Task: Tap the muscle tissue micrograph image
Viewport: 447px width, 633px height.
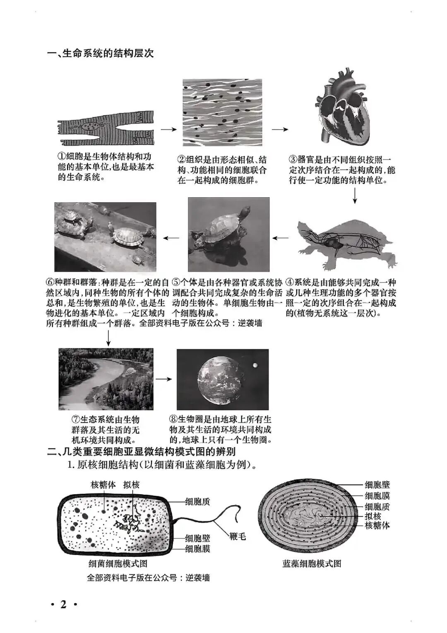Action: pyautogui.click(x=223, y=112)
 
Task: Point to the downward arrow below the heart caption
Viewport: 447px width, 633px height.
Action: pyautogui.click(x=355, y=196)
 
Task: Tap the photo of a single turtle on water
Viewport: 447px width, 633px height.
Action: pyautogui.click(x=228, y=234)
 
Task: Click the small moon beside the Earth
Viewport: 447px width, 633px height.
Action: pyautogui.click(x=255, y=365)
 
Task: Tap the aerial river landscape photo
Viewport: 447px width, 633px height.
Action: pyautogui.click(x=106, y=379)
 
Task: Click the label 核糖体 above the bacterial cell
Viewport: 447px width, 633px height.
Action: pyautogui.click(x=103, y=485)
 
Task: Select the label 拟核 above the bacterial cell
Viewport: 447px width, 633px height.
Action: pyautogui.click(x=132, y=485)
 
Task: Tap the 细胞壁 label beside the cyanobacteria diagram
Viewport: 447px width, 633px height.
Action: pyautogui.click(x=377, y=485)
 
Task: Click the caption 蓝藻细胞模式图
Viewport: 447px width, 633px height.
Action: pyautogui.click(x=312, y=563)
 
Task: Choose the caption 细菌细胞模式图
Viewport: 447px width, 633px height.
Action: pyautogui.click(x=118, y=563)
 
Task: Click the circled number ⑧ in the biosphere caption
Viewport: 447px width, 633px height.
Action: pyautogui.click(x=173, y=419)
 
